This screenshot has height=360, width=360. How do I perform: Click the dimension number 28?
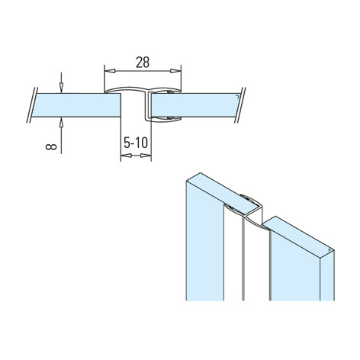tap(143, 63)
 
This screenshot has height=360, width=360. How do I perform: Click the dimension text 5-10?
tap(136, 143)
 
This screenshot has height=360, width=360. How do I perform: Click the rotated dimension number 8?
tap(51, 146)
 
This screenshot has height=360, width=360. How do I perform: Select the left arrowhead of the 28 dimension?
tap(110, 71)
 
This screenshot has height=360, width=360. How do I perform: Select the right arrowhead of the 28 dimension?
tap(175, 71)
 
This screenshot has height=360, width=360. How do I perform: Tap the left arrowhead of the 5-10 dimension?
tap(126, 156)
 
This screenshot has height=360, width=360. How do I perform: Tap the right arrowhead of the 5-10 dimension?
tap(146, 156)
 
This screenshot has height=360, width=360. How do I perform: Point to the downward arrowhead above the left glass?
tap(61, 88)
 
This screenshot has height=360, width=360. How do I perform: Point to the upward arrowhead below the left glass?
tap(61, 123)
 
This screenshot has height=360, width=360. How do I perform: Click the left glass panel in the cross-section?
tap(76, 105)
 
